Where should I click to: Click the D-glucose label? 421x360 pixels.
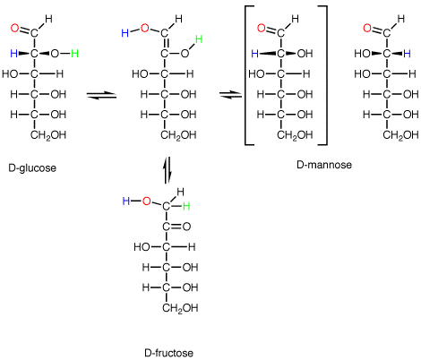[x=32, y=168]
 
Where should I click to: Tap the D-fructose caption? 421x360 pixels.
[x=168, y=353]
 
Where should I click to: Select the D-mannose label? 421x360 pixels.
[x=324, y=165]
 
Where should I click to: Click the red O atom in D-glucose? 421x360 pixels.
[x=14, y=28]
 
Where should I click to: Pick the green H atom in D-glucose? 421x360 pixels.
[x=74, y=54]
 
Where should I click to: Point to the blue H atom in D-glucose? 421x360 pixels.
[x=13, y=54]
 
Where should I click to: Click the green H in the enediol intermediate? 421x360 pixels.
[x=199, y=39]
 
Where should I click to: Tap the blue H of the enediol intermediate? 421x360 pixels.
[x=125, y=33]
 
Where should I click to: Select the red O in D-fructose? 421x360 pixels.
[x=146, y=201]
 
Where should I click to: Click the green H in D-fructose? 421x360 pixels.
[x=186, y=206]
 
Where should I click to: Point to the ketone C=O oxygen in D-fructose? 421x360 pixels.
[x=186, y=227]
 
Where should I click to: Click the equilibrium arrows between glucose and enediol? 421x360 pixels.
[x=101, y=96]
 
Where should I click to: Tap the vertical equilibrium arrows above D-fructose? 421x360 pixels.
[x=168, y=171]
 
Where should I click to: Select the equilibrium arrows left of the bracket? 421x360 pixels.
[x=230, y=95]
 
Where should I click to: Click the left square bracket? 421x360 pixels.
[x=245, y=75]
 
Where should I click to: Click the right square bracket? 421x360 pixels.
[x=326, y=75]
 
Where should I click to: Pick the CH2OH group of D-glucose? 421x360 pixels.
[x=48, y=135]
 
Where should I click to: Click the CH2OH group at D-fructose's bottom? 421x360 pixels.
[x=180, y=308]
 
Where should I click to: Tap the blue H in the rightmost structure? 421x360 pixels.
[x=407, y=54]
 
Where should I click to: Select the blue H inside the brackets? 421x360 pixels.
[x=254, y=54]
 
